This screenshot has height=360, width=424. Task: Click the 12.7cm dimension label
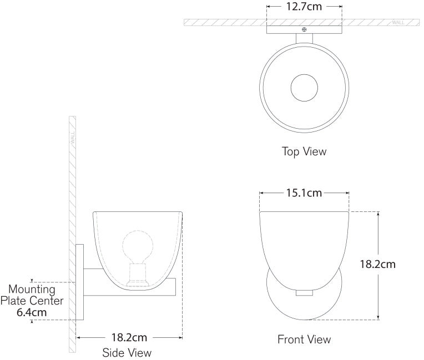(304, 7)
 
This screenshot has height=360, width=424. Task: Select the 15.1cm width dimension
(304, 193)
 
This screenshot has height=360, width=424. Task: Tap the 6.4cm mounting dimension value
(32, 312)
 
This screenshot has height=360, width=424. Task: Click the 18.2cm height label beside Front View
(377, 265)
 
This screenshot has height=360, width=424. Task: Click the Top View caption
(304, 151)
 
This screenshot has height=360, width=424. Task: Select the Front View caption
(304, 339)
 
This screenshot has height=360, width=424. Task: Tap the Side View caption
(127, 353)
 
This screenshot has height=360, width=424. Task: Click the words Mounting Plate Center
(32, 295)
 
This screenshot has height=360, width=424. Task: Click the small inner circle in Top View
(304, 88)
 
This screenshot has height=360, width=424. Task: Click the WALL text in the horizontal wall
(398, 22)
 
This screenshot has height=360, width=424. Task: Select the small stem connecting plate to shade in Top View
(304, 38)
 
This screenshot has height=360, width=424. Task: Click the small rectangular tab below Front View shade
(304, 292)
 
